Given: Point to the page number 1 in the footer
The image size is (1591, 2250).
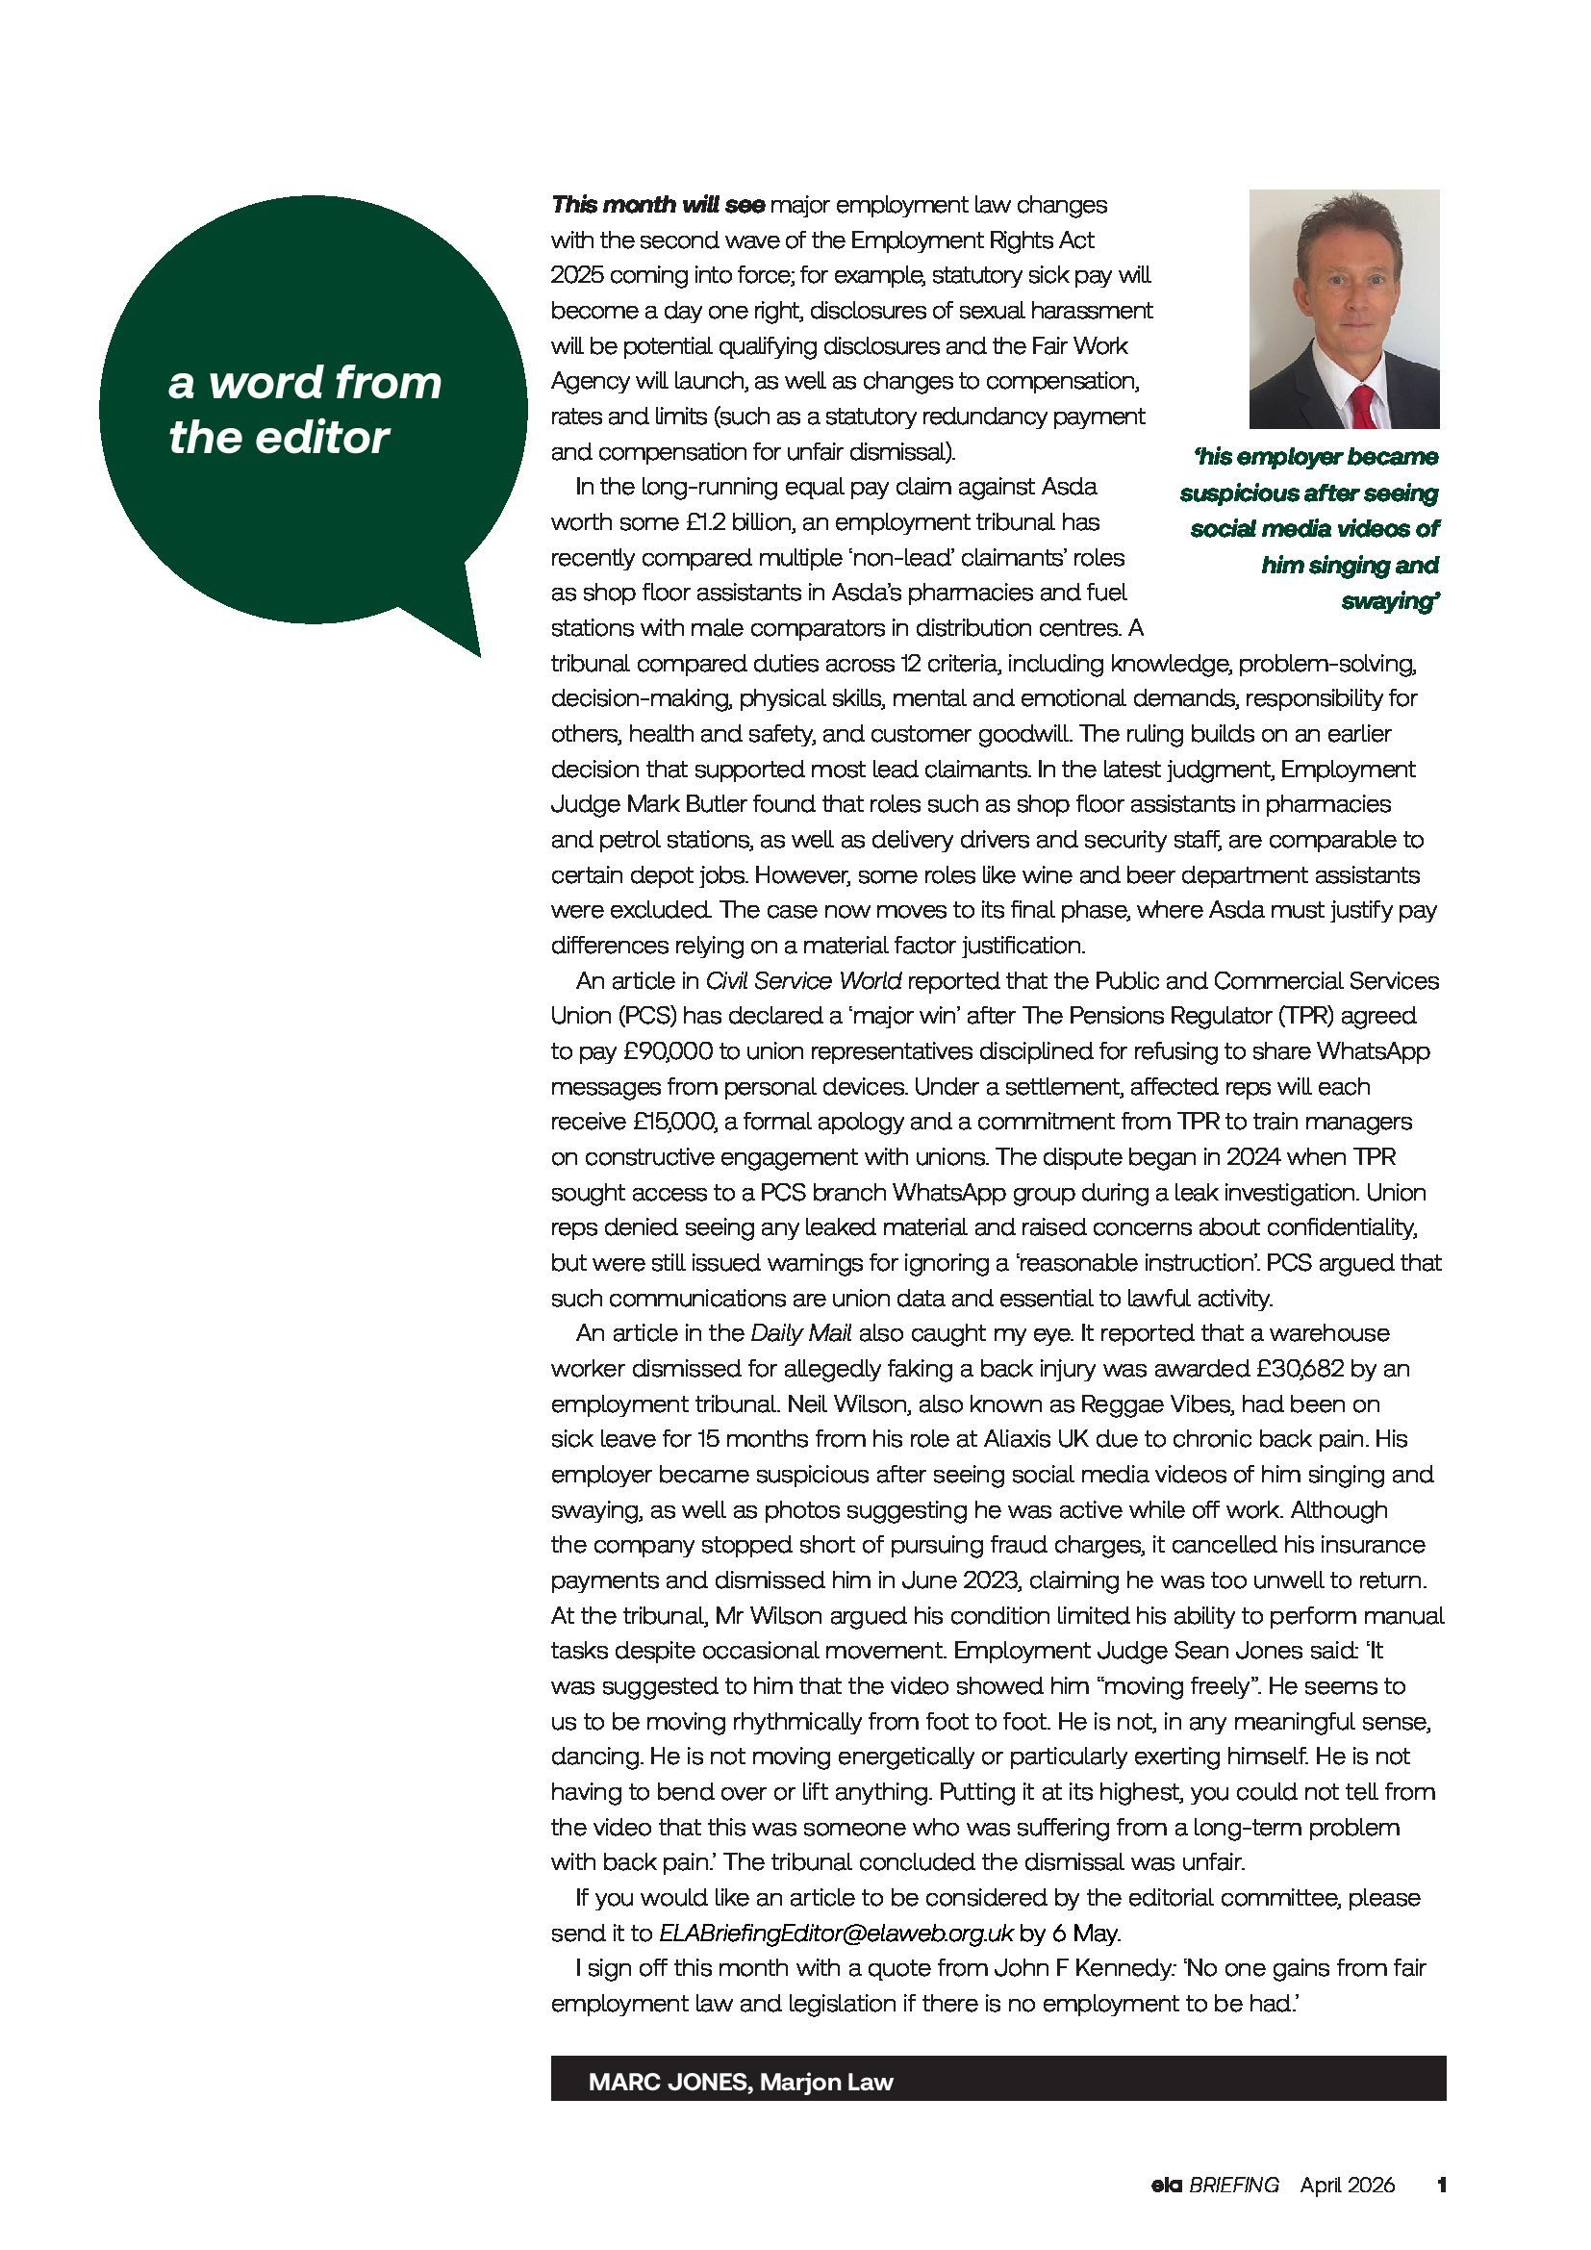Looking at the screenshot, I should pyautogui.click(x=1440, y=2185).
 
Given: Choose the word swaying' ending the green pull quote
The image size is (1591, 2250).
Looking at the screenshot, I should pyautogui.click(x=1389, y=600).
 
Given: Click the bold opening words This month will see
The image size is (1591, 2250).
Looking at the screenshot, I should pyautogui.click(x=657, y=205).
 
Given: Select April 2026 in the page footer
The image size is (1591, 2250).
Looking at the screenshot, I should pyautogui.click(x=1347, y=2185).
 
